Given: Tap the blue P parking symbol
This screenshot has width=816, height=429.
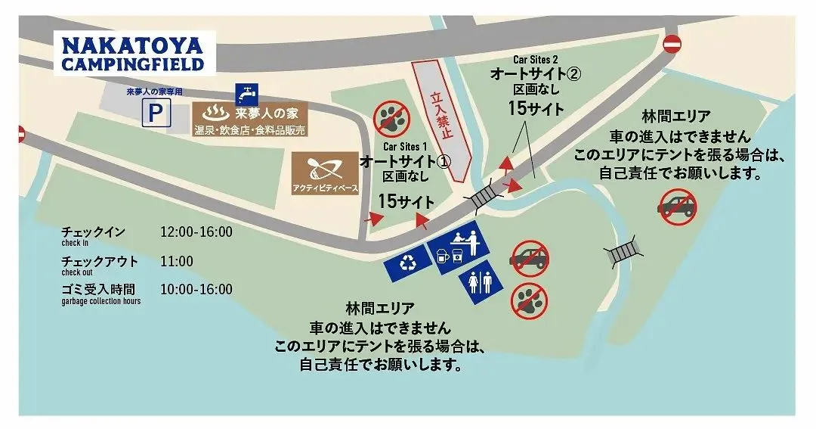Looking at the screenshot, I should (157, 114).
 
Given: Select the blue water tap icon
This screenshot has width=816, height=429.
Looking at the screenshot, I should (246, 93).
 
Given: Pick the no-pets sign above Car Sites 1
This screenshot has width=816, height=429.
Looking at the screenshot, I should (390, 117).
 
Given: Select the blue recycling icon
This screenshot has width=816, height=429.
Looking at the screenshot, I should (408, 263).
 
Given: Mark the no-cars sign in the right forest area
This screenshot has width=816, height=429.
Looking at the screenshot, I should (676, 206).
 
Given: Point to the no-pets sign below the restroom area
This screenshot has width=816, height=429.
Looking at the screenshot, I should (529, 300).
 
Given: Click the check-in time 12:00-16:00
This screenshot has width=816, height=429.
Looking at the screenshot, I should (196, 232).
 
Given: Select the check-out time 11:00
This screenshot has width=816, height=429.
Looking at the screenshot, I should (177, 261).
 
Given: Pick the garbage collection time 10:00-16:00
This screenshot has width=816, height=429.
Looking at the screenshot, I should (196, 289).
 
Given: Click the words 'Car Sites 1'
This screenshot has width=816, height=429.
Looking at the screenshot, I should (405, 146).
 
